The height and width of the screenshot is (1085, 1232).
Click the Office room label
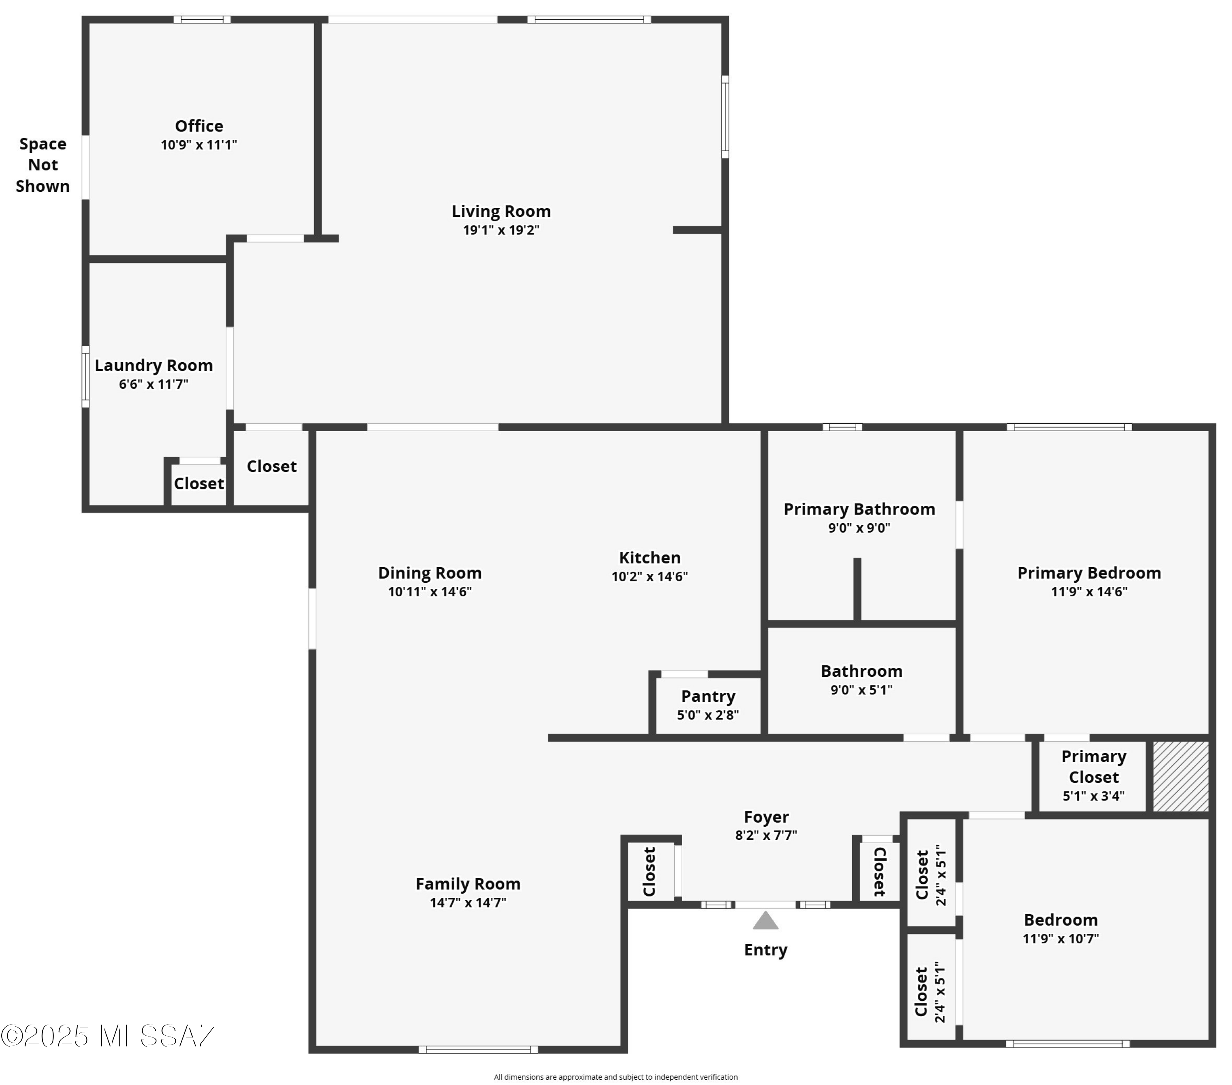click(199, 126)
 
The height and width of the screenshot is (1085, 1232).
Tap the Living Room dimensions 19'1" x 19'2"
click(501, 230)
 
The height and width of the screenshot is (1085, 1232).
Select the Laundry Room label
click(154, 365)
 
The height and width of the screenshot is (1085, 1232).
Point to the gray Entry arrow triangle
click(765, 920)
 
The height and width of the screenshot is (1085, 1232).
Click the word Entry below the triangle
click(765, 950)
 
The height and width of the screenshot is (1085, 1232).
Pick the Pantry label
click(708, 696)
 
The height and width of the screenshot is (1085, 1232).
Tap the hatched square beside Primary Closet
click(1181, 776)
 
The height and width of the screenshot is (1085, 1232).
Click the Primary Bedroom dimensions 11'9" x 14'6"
click(1089, 591)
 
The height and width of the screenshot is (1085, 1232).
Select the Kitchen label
click(650, 558)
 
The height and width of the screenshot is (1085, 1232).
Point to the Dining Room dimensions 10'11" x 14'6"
click(430, 591)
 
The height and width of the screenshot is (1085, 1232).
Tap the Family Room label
click(468, 884)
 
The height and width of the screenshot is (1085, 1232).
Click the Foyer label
click(766, 817)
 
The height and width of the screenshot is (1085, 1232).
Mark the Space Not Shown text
click(43, 165)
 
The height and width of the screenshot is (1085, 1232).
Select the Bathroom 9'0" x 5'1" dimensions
click(861, 690)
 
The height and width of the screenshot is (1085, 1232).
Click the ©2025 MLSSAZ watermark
click(107, 1036)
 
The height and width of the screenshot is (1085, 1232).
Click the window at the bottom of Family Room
click(478, 1049)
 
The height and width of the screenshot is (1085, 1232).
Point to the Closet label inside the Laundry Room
click(199, 483)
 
